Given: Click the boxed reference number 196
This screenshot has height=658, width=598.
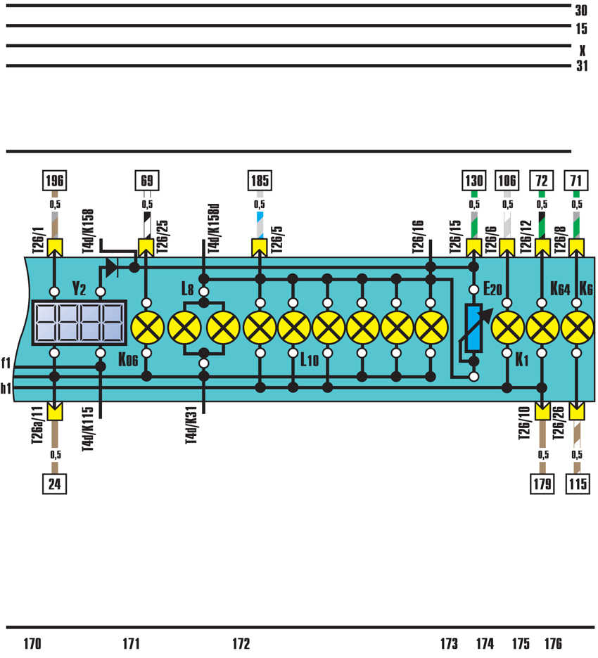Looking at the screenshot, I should tap(55, 181).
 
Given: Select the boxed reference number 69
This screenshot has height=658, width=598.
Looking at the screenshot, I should tap(146, 181).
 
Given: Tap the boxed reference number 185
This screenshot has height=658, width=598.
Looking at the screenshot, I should tap(260, 181).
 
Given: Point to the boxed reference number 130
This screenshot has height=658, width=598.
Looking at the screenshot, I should tap(473, 181).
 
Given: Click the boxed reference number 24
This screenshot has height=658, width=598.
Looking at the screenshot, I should tap(55, 484).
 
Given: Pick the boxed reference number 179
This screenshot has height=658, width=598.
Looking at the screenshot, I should tap(542, 484).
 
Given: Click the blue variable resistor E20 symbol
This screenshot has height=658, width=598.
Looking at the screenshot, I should tap(473, 328).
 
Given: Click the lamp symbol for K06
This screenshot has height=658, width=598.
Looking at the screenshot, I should tap(147, 328).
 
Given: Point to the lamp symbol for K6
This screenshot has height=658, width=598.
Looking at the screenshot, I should tap(577, 328).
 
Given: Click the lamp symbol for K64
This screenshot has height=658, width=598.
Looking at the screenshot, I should tap(542, 328).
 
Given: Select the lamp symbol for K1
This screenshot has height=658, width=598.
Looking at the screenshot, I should tap(507, 328).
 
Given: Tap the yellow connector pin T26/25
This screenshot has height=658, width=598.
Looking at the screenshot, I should tap(146, 247).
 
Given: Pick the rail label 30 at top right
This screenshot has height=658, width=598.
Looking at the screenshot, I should tap(581, 11).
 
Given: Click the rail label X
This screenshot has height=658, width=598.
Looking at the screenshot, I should tap(582, 51).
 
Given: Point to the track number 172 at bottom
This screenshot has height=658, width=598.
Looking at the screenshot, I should tap(241, 643).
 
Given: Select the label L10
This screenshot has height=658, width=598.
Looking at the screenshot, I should tap(310, 361).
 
